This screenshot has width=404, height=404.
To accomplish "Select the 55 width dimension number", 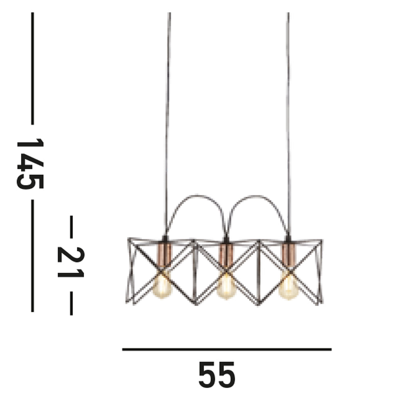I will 217,375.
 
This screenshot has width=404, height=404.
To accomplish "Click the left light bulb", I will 162,286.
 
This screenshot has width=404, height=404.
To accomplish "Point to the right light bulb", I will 288,287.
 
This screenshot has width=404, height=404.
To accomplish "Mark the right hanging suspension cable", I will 288,121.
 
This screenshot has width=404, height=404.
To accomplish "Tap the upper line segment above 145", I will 32,69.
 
